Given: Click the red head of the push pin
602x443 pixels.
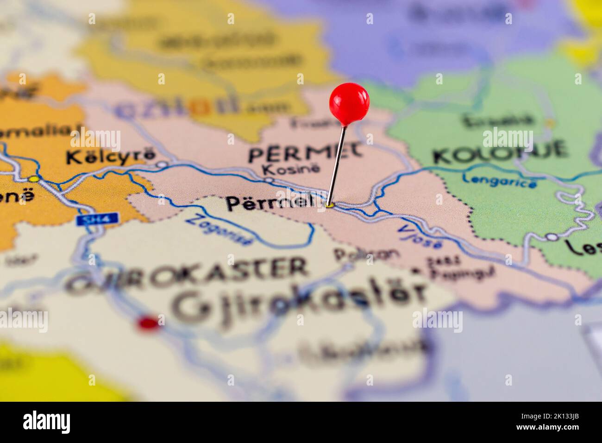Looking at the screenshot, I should pos(349,103).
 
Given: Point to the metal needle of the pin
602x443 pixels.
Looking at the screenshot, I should pos(337,165).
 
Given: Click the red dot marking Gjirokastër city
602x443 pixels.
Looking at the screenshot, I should pos(148,323).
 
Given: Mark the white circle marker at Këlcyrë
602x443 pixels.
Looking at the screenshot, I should pos(162,165).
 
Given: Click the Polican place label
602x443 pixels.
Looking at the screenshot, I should pos(366,254).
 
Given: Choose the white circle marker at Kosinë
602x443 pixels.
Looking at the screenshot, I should pos(269,179).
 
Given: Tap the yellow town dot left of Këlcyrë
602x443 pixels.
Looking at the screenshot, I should pos(33,178).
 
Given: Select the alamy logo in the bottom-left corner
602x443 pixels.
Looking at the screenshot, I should pos(47,422).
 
